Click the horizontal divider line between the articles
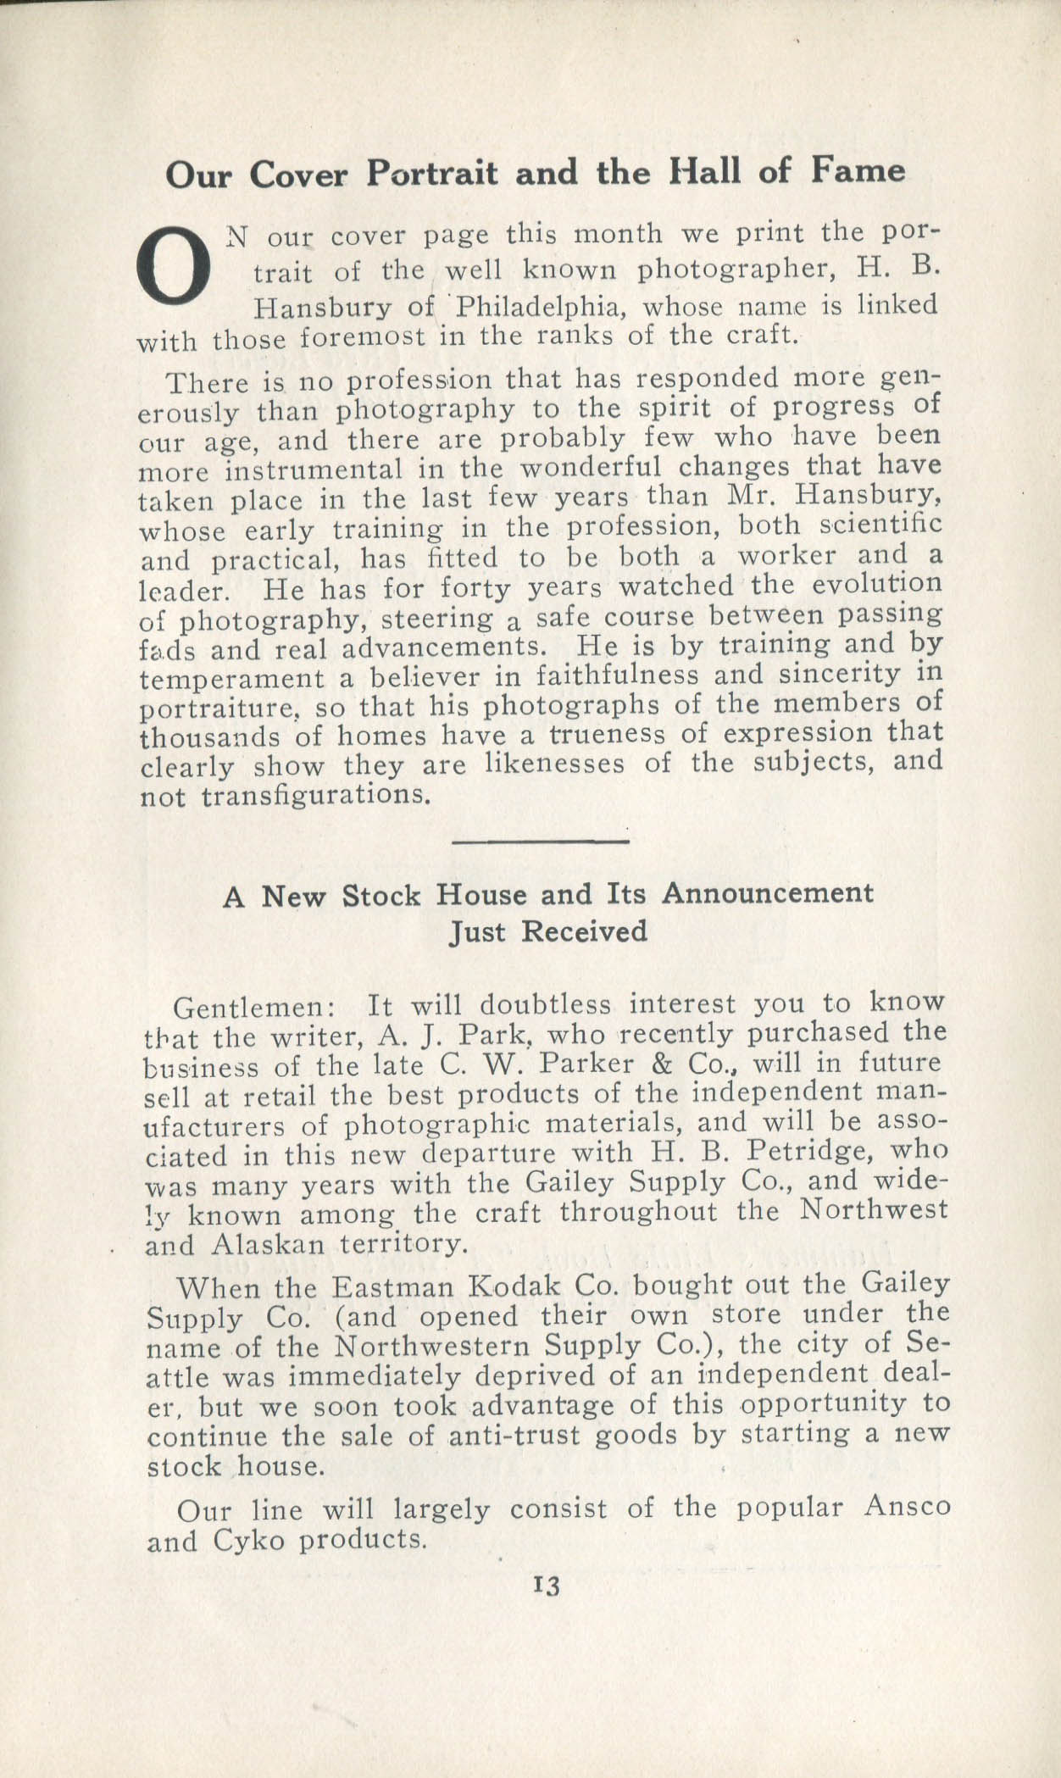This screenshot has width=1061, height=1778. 542,842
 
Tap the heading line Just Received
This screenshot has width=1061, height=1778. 547,931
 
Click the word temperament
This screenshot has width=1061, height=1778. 231,679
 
